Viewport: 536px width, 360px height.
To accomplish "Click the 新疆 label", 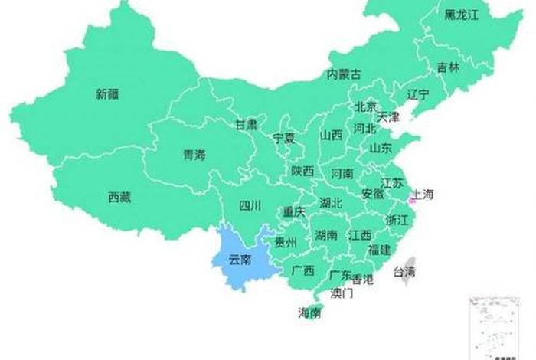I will click(109, 95).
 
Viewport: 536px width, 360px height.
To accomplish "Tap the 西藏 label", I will click(119, 198).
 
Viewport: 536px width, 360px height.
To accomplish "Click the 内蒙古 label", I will click(344, 74).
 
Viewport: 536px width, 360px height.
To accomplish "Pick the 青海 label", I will click(194, 155).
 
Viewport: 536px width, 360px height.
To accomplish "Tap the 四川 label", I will click(250, 205).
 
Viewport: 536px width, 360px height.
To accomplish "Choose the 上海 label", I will click(423, 195).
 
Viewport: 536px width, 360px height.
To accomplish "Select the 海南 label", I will click(310, 313).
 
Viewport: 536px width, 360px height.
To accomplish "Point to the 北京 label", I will click(366, 107).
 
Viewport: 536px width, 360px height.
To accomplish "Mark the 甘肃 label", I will click(246, 124).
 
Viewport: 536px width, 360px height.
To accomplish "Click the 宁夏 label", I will click(284, 139).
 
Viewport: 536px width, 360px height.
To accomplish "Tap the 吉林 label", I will click(449, 67).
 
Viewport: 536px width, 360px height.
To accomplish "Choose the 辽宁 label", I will click(418, 95).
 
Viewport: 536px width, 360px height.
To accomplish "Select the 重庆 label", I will click(294, 211).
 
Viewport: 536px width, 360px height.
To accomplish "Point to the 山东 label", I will click(381, 148).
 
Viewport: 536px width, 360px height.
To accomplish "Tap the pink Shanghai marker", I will click(410, 200).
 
